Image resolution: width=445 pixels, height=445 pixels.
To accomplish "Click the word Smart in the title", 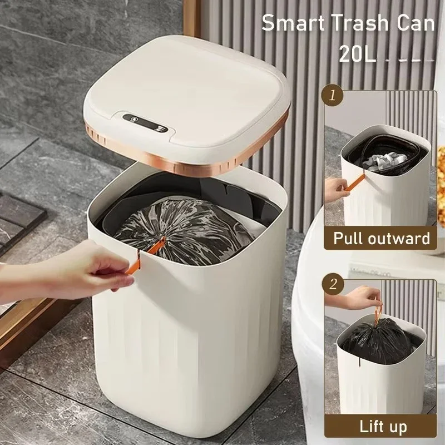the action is (294, 23).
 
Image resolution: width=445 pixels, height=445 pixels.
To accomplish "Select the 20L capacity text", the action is (358, 53).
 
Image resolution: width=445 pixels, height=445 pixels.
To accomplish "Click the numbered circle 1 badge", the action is (332, 96).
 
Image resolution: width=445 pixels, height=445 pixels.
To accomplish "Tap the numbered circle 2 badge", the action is (333, 284).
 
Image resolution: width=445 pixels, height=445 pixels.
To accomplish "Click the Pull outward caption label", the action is (382, 238).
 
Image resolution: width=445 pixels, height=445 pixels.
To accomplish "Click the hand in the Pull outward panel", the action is (337, 189).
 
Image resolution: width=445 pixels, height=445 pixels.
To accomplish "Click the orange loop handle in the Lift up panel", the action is (378, 311).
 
